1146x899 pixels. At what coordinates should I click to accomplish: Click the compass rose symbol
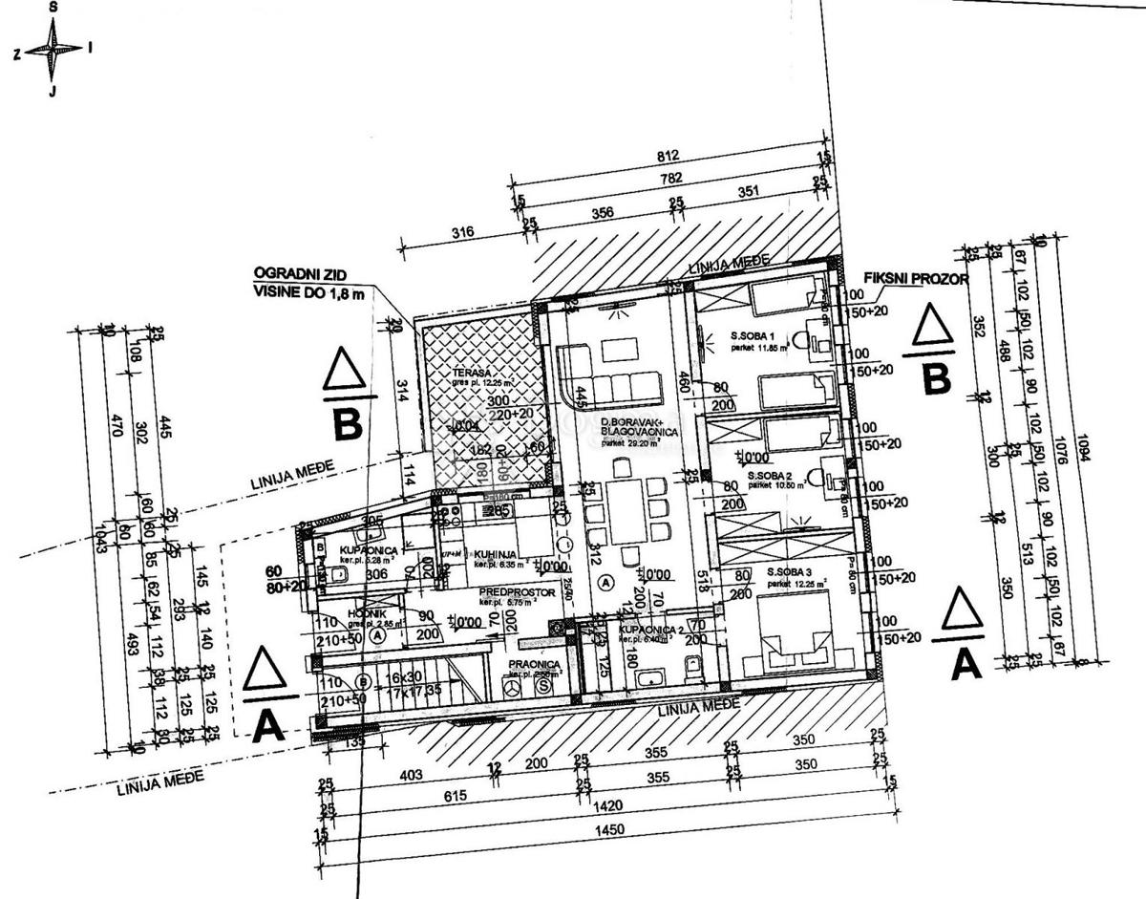(x=53, y=50)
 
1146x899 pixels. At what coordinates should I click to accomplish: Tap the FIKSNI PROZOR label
(x=916, y=279)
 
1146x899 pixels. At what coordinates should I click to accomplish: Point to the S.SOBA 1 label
(x=753, y=336)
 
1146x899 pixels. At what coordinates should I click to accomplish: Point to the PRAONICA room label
(x=532, y=662)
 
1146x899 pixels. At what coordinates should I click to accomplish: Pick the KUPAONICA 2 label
(x=649, y=631)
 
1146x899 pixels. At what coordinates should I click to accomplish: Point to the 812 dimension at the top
(x=668, y=157)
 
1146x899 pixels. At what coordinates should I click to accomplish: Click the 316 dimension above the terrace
(x=462, y=232)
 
